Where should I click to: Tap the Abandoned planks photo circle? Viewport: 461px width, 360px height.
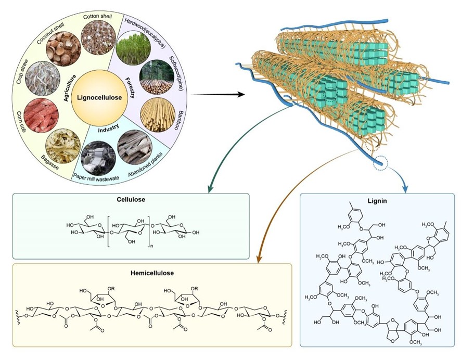tap(133, 145)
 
